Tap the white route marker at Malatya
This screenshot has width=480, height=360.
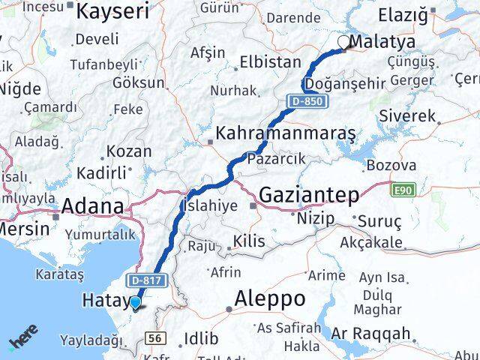click(344, 43)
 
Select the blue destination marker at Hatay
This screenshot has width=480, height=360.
click(136, 303)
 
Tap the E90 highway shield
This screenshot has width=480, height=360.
click(402, 192)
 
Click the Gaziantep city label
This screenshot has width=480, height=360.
click(308, 195)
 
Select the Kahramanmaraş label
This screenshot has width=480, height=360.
click(285, 134)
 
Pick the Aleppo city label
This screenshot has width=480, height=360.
click(269, 298)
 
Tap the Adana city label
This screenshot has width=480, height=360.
click(92, 206)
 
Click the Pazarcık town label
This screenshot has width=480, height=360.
click(280, 158)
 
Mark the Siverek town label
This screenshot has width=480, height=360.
click(407, 116)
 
